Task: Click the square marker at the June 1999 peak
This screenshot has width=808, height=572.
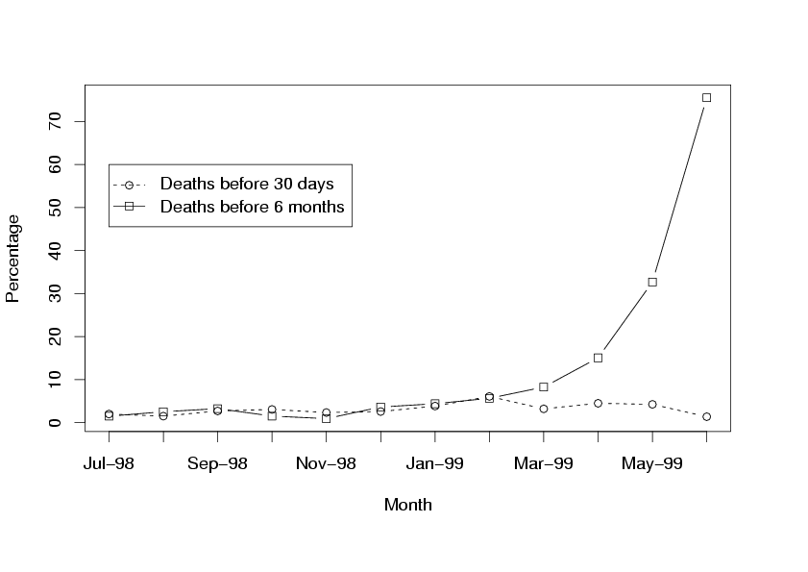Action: point(706,97)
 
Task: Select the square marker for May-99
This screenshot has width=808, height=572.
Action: point(652,282)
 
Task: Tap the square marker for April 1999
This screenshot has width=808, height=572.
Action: point(598,358)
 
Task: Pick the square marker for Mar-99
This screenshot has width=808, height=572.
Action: point(544,386)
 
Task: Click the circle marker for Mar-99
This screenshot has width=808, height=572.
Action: point(544,409)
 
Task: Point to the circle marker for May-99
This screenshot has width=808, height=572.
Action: point(652,404)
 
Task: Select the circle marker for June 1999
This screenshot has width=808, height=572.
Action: point(706,416)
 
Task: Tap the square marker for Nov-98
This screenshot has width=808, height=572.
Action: point(327,418)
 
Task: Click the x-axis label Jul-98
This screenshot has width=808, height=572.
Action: point(109,463)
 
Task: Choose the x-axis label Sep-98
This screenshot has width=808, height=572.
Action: point(217,463)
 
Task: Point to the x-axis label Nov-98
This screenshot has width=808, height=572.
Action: point(326,463)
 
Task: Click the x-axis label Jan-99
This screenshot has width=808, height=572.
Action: point(434,463)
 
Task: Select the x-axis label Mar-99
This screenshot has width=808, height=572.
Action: point(544,463)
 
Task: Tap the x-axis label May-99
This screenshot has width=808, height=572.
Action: point(652,463)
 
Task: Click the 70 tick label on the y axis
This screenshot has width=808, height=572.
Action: point(55,120)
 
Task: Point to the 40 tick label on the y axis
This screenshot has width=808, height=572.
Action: point(55,250)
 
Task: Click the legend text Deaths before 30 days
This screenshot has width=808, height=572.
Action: point(247,184)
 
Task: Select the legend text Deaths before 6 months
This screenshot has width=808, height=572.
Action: point(252,207)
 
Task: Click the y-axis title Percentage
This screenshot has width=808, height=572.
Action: point(13,258)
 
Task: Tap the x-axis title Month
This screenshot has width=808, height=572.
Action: point(407,505)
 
